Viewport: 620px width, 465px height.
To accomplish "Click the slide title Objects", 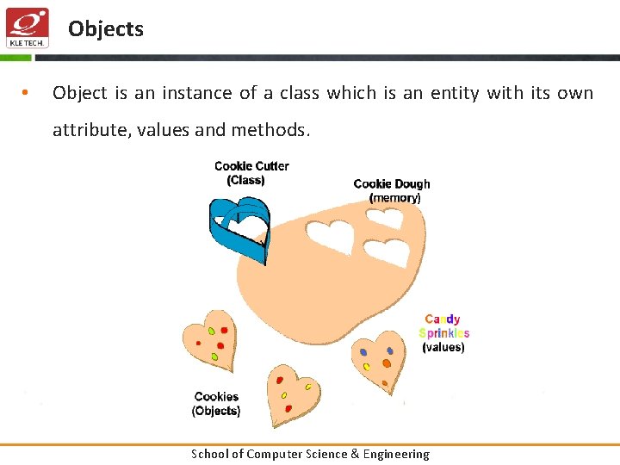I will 106,28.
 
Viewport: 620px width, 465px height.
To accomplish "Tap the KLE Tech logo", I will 27,28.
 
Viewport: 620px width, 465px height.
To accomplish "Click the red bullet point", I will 27,93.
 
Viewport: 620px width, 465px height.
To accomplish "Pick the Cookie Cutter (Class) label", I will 251,173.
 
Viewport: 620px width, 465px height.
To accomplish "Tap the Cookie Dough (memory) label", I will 392,190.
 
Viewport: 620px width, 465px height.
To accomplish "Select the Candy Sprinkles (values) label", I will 444,333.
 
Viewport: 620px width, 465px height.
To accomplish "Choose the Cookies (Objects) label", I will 216,404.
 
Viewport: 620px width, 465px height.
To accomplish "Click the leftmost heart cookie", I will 209,341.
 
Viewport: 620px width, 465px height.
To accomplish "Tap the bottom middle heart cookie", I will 292,395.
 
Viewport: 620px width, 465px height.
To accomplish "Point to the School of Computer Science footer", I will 310,454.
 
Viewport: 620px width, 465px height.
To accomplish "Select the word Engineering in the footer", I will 395,454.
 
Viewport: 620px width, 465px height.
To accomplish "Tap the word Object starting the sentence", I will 80,93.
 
